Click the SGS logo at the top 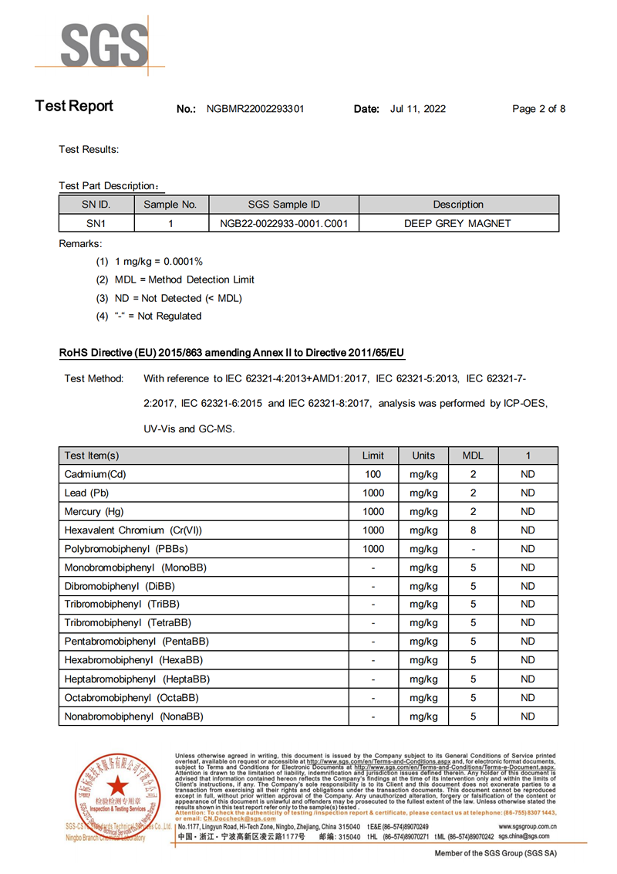[105, 46]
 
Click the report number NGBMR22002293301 [255, 109]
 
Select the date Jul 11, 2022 [418, 109]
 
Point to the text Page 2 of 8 [538, 109]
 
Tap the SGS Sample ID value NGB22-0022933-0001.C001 [285, 223]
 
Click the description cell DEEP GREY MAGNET [458, 223]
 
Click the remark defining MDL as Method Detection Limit [184, 279]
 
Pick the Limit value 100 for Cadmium [373, 474]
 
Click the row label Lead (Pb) [87, 493]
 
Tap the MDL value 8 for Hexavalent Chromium [473, 530]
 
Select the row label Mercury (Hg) [94, 512]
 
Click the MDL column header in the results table [473, 456]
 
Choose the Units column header [423, 456]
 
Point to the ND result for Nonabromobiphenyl [528, 716]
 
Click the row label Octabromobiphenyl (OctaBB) [132, 698]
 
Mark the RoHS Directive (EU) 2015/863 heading [231, 353]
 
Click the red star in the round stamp [118, 787]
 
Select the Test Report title [74, 107]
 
